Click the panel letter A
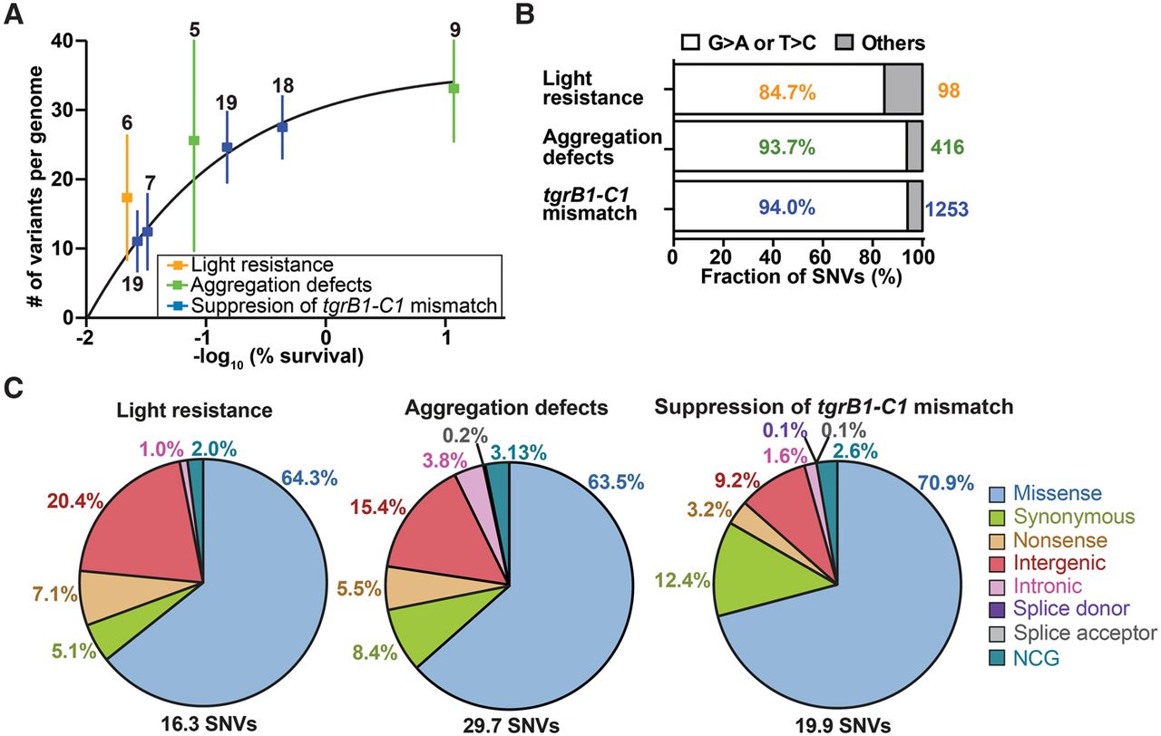[15, 15]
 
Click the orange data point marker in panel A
[127, 197]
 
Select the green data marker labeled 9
[454, 88]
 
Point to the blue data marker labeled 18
[282, 127]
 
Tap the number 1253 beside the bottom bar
[946, 209]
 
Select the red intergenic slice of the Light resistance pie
[154, 535]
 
